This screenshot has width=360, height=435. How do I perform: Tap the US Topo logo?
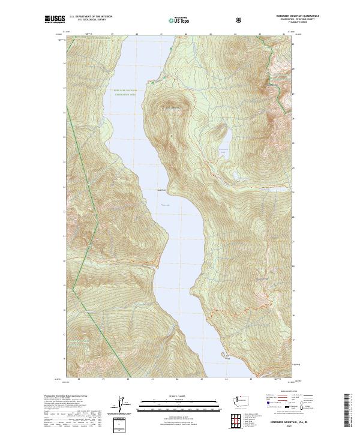(178, 20)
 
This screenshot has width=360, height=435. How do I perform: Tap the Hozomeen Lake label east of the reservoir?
(224, 151)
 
